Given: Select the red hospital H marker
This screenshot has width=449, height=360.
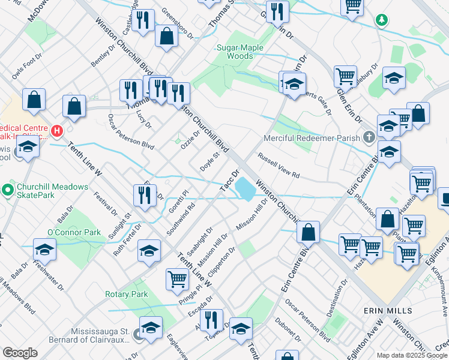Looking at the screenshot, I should pyautogui.click(x=57, y=130).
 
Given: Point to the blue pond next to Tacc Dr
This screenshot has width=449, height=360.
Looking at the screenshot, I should pyautogui.click(x=245, y=189).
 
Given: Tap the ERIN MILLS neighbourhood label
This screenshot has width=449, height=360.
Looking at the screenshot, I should pyautogui.click(x=388, y=310).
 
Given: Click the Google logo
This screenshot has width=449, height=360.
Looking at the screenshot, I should pyautogui.click(x=20, y=353).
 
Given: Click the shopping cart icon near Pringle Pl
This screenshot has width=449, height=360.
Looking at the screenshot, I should pyautogui.click(x=177, y=279).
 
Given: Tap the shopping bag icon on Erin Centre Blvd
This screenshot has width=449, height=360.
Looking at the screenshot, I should pyautogui.click(x=308, y=232).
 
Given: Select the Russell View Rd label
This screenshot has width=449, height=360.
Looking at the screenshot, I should pyautogui.click(x=278, y=165).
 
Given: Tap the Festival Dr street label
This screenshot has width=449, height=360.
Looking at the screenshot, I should pyautogui.click(x=106, y=203).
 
